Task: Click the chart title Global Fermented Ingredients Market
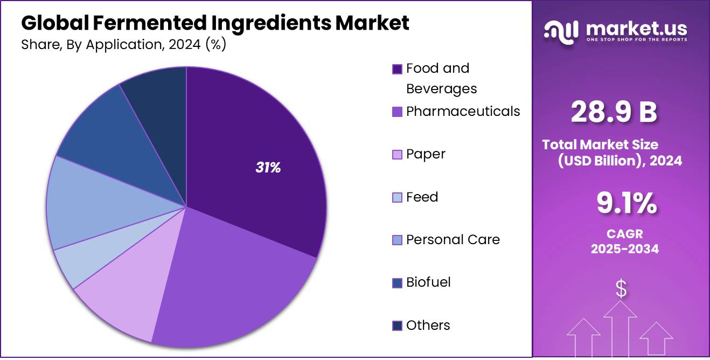[215, 23]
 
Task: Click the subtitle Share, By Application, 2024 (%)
[123, 45]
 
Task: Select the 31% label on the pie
[268, 168]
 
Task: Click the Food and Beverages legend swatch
[397, 69]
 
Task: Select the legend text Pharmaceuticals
[463, 112]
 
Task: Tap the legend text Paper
[426, 154]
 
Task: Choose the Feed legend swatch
[397, 198]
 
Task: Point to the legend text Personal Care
[453, 240]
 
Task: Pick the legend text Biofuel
[428, 282]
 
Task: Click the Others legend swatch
[397, 326]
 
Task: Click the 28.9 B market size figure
[614, 113]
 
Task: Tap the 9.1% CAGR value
[626, 204]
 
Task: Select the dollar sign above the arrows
[621, 289]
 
